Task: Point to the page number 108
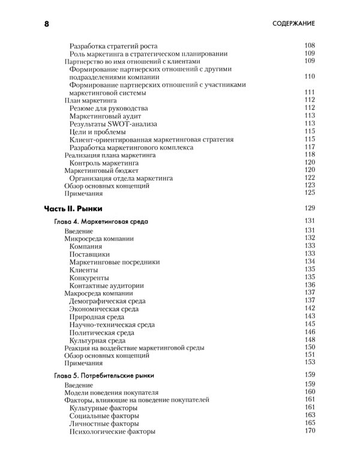point(310,45)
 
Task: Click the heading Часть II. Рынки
point(73,208)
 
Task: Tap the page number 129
point(310,208)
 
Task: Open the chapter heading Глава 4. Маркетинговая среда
point(101,222)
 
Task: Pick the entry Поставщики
point(90,254)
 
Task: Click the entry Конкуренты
point(89,278)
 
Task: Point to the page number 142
point(310,308)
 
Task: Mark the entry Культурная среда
point(98,340)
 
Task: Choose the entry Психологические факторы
point(112,431)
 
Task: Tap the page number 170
point(310,431)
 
